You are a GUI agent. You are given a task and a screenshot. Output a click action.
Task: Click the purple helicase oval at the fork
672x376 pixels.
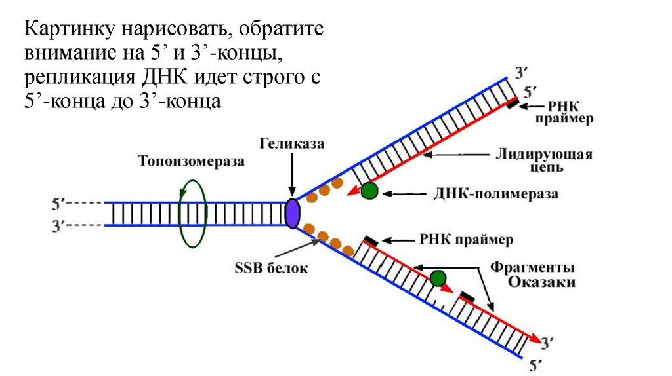292,214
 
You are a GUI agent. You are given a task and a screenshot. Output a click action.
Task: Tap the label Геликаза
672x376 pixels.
291,143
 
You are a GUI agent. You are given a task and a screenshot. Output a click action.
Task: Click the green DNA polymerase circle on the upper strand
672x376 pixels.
370,191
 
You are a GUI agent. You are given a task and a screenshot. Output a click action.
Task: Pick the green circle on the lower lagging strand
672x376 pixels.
437,277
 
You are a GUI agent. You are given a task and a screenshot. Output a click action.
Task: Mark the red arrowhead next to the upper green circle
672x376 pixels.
353,191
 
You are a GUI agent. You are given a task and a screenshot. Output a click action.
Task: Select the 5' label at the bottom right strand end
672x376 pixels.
535,362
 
